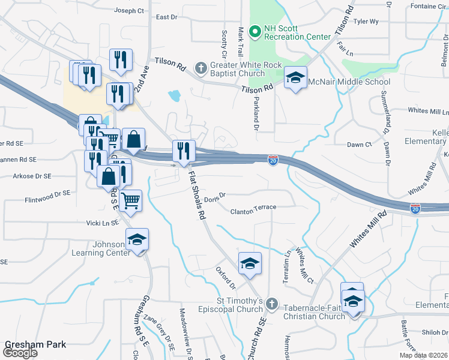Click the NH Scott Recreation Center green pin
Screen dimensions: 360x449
coord(255,30)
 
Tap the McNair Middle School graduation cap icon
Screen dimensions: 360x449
coord(295,78)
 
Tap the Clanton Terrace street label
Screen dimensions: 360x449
coord(253,208)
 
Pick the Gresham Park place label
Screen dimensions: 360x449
coord(35,344)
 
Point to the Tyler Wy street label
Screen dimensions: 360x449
coord(366,22)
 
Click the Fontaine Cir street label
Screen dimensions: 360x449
coord(429,6)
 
